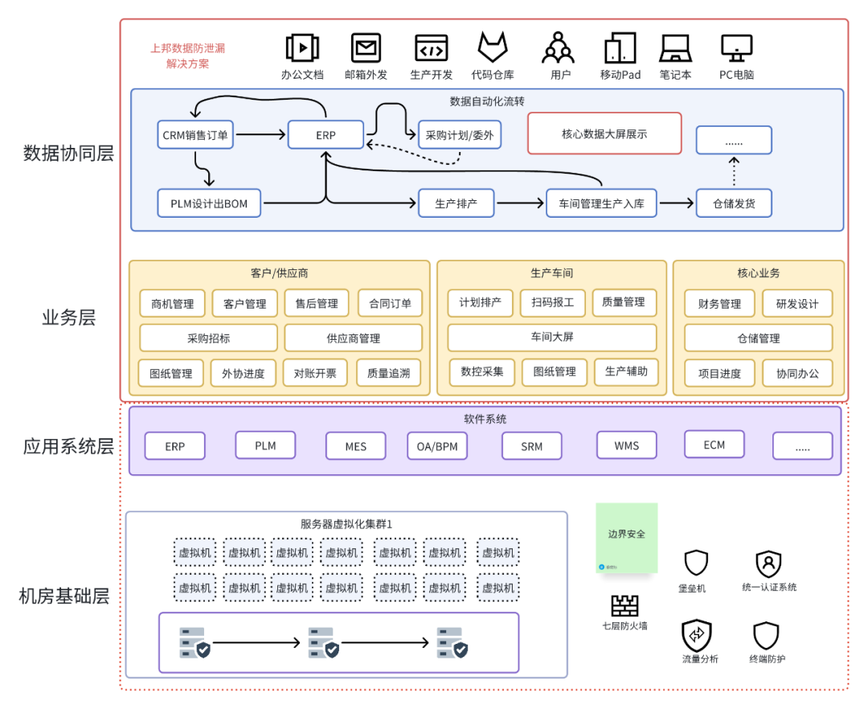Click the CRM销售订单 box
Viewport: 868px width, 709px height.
[x=195, y=135]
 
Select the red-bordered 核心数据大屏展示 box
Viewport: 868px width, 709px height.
[x=604, y=133]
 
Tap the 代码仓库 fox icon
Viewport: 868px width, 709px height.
[x=493, y=47]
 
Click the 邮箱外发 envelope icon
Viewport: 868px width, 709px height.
[x=366, y=47]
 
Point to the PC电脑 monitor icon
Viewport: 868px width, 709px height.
[x=736, y=48]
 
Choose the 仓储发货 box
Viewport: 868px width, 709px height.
[x=733, y=203]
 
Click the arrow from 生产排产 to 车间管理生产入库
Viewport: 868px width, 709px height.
[x=520, y=203]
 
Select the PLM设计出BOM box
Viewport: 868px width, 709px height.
[x=209, y=203]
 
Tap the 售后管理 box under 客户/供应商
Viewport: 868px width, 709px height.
[x=316, y=304]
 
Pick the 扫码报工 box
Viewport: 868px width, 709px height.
[x=552, y=302]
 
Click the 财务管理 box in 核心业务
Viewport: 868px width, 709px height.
[x=719, y=304]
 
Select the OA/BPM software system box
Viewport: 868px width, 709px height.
[x=437, y=446]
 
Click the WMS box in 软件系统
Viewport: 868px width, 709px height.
[x=626, y=445]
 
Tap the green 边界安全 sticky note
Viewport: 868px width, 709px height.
[x=626, y=538]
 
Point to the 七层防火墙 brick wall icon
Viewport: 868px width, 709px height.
[x=624, y=605]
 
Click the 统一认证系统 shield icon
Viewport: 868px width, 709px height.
[x=768, y=564]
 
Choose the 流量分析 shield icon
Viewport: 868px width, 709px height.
[x=696, y=635]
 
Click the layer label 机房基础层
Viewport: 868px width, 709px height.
[x=63, y=596]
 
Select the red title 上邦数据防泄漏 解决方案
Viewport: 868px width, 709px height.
[x=187, y=55]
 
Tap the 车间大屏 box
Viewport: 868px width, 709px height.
[x=551, y=338]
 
